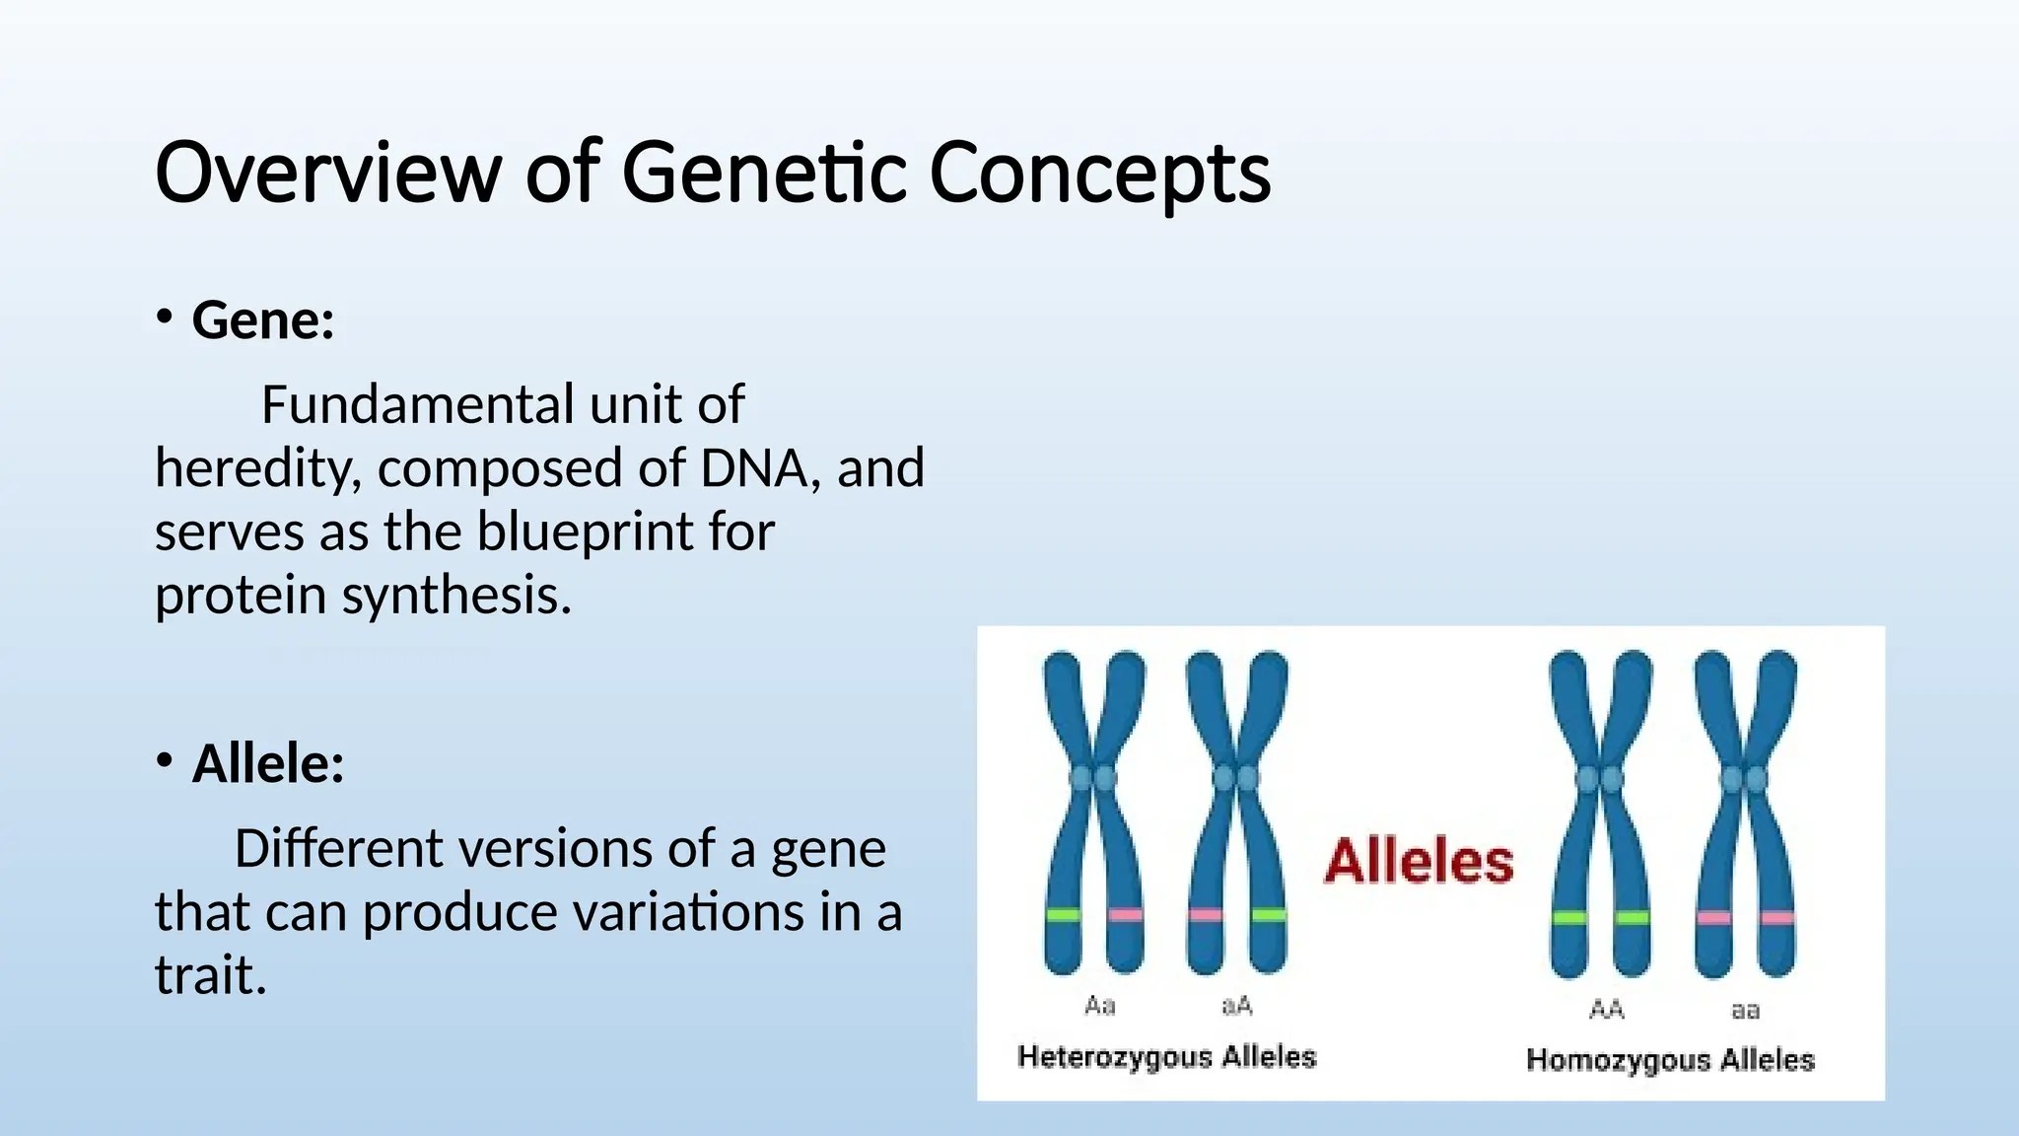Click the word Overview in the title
[327, 173]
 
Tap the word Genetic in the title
[764, 173]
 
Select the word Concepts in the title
[1099, 173]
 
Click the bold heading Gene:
[263, 320]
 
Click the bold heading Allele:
[268, 764]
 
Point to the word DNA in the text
[754, 468]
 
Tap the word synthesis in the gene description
[456, 596]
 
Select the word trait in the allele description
[210, 975]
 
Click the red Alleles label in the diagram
[1418, 861]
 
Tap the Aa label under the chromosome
[1099, 1006]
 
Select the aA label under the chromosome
[1236, 1006]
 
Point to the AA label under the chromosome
[1606, 1009]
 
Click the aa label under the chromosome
[1745, 1010]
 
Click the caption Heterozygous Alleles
[1166, 1057]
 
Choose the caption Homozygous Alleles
[1670, 1060]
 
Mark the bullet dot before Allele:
[164, 760]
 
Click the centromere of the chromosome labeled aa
[1744, 780]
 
